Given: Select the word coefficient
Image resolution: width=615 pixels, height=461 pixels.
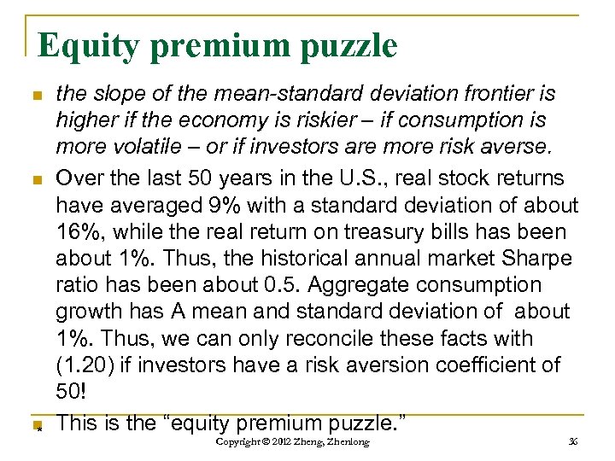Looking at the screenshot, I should [483, 365].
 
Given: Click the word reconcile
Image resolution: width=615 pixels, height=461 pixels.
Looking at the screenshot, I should [318, 338].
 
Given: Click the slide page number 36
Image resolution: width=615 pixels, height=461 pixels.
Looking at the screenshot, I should [572, 441].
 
